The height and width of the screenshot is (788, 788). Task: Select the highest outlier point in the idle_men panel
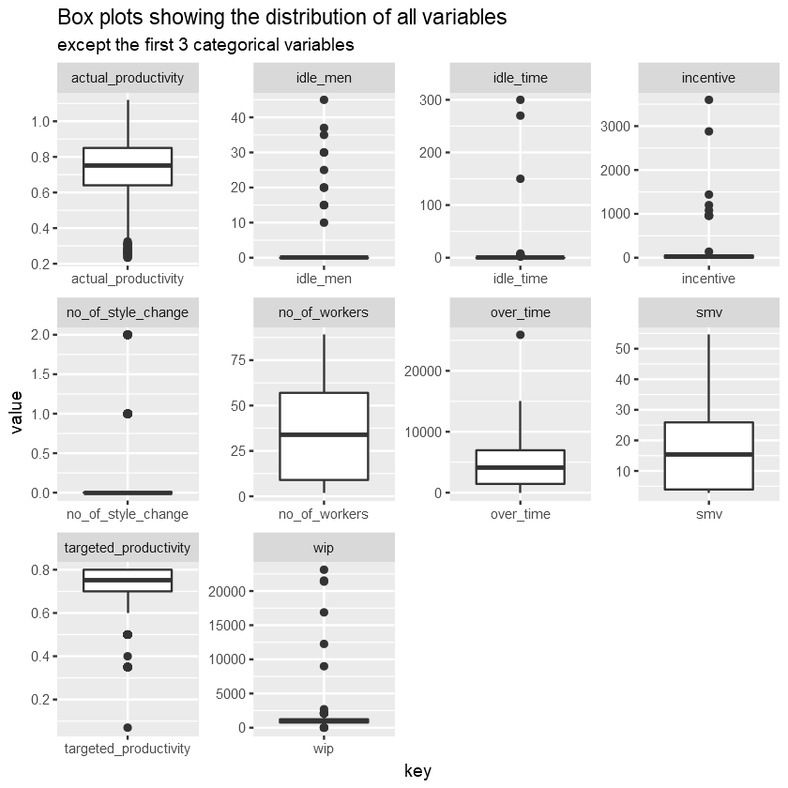pos(324,99)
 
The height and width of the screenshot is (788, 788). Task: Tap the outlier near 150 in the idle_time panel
pos(520,178)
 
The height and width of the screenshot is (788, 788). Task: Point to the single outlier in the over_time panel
pos(520,335)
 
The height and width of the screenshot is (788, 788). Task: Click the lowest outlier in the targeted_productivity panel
pos(128,727)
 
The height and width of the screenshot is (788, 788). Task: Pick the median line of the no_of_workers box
pos(324,434)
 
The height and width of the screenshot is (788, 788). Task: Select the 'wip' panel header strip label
pos(324,547)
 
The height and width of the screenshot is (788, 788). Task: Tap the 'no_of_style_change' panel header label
pos(128,312)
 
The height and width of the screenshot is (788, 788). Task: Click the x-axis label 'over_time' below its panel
pos(520,514)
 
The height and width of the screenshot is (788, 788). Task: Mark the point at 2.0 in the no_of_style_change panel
pos(128,335)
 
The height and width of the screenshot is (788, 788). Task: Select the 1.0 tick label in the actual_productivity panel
pos(39,121)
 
